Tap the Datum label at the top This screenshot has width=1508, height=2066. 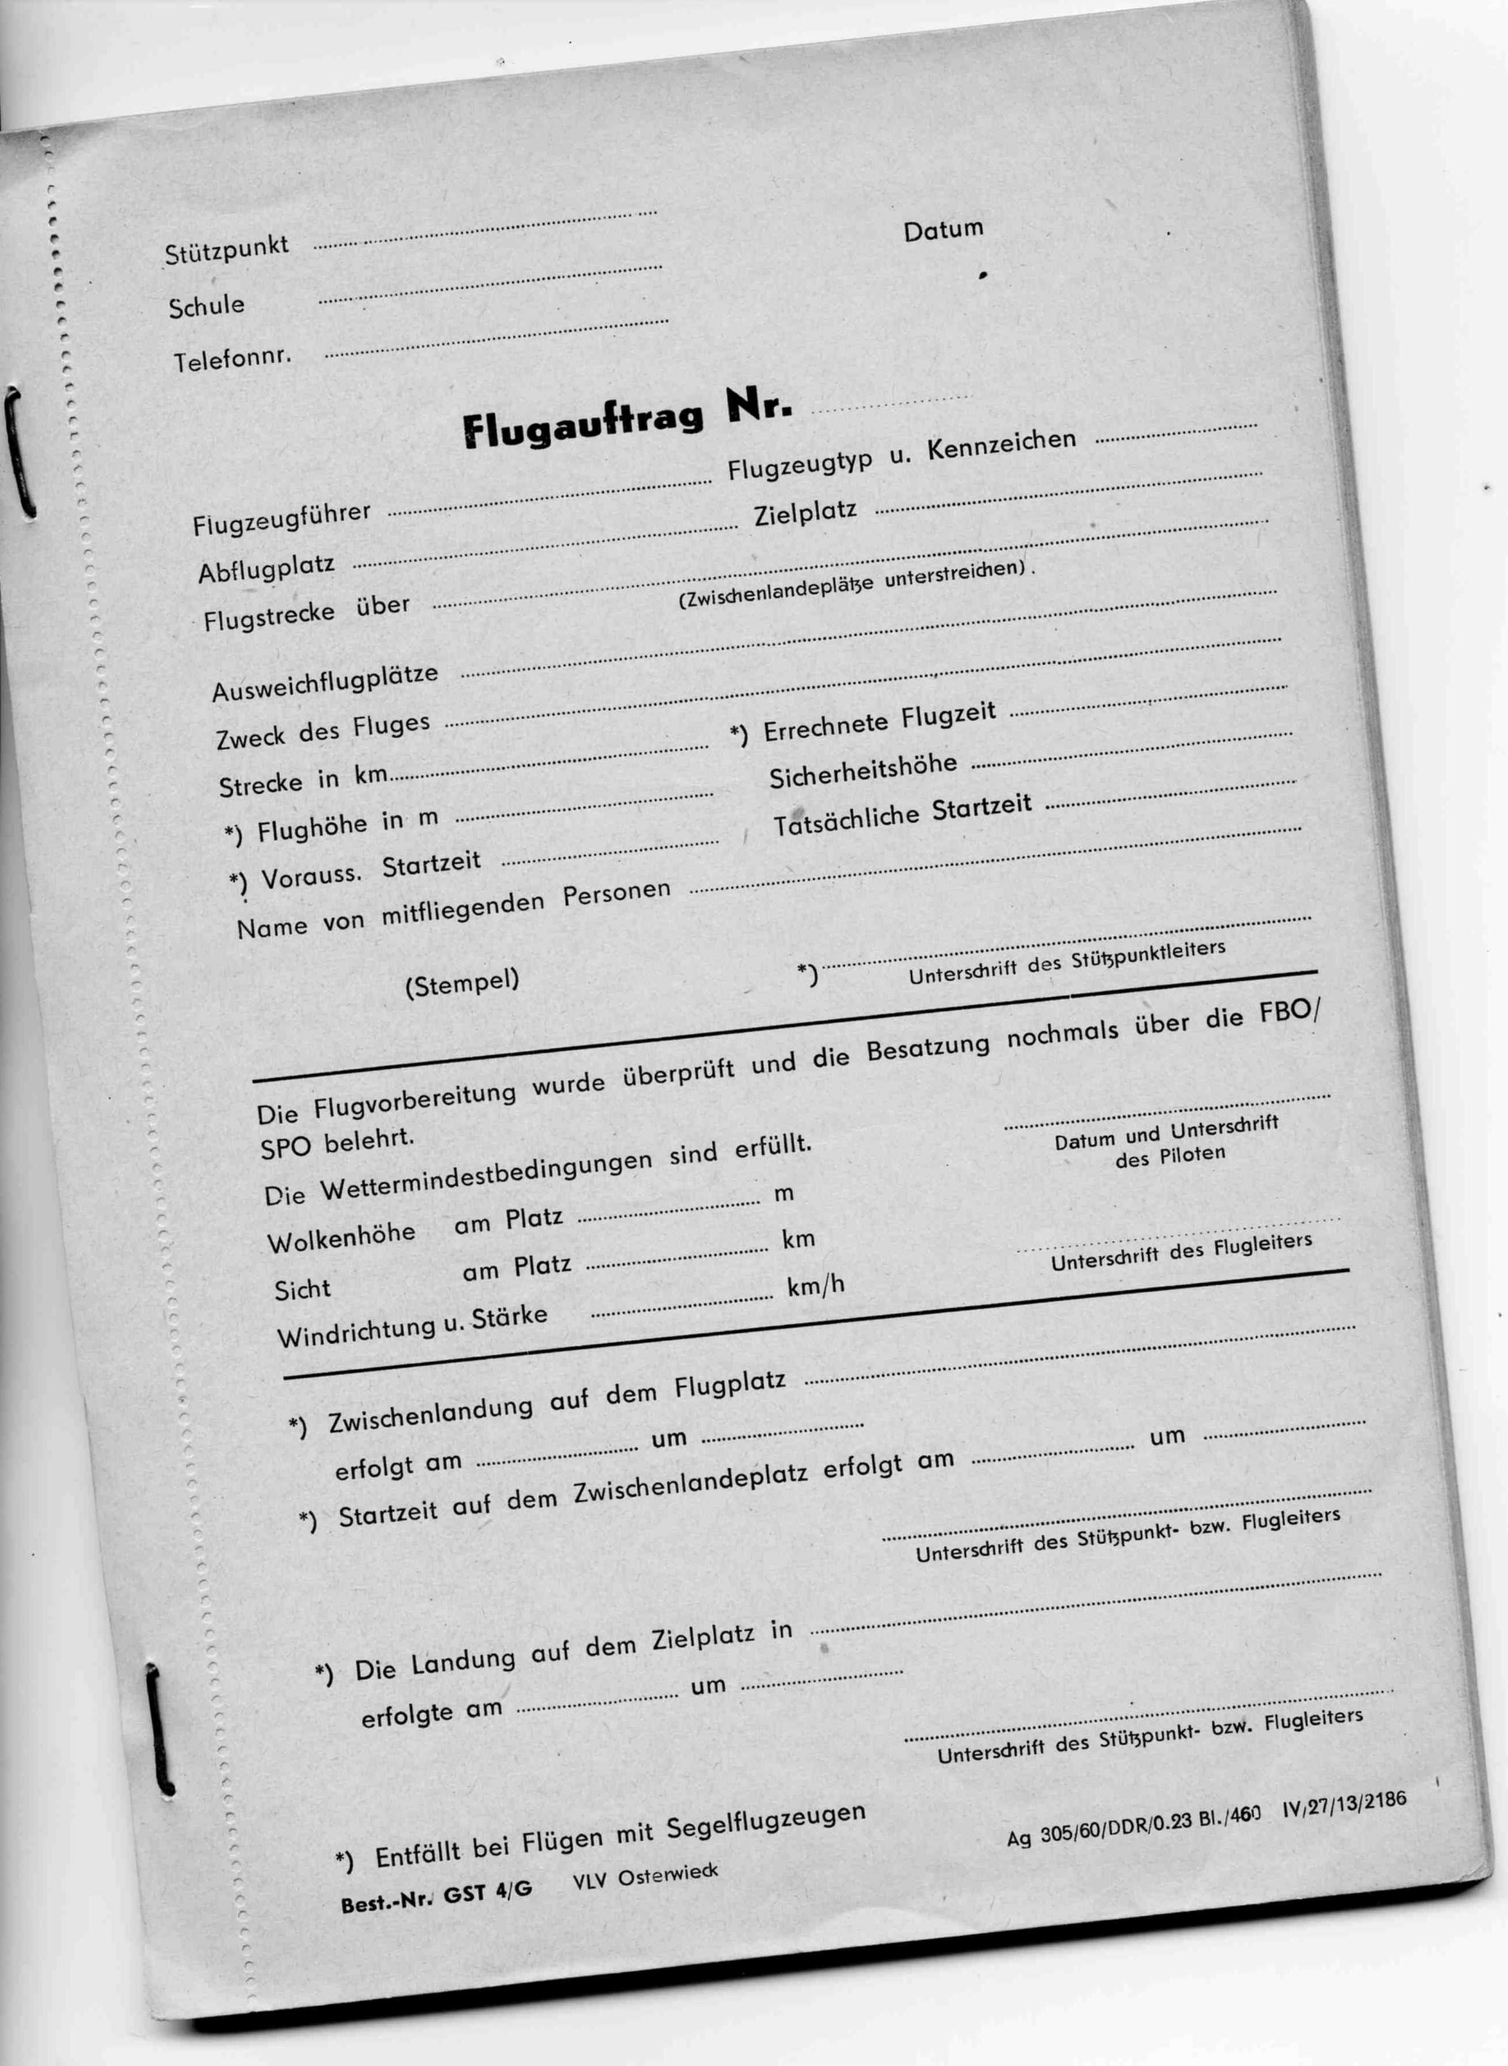(x=943, y=230)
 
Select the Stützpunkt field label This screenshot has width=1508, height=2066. (x=227, y=249)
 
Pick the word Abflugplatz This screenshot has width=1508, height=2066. (x=266, y=569)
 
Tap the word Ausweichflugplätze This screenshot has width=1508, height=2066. (x=325, y=684)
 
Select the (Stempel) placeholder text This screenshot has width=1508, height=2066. (x=462, y=983)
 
